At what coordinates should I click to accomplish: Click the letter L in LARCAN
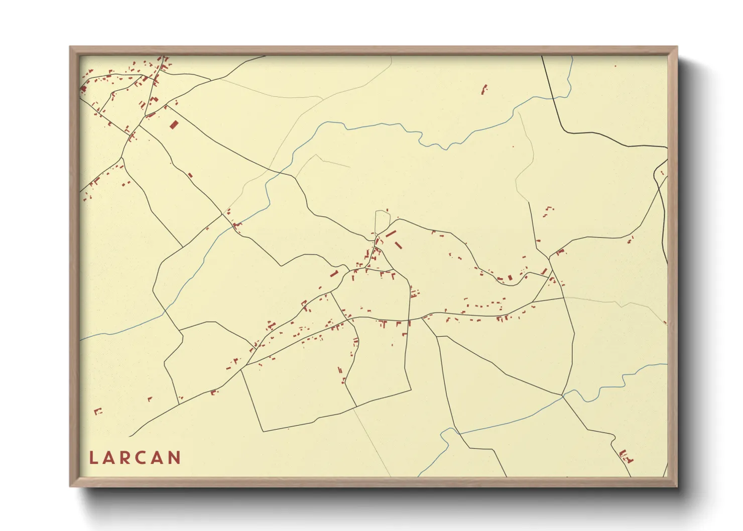point(93,458)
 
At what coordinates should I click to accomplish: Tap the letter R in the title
point(128,458)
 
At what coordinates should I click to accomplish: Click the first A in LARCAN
point(110,458)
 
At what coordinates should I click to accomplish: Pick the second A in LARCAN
point(160,458)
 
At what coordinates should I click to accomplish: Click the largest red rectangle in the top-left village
point(174,124)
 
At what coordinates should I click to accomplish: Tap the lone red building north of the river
point(484,90)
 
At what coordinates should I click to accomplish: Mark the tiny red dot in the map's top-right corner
point(615,66)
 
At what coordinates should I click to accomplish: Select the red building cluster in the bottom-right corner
point(626,456)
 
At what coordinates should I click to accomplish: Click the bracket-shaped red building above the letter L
point(98,412)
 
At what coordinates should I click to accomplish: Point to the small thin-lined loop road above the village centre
point(383,221)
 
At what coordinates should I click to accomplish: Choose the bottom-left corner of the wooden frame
point(70,486)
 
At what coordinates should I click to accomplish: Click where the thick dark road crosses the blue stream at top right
point(554,98)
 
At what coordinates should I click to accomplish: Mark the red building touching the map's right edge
point(665,323)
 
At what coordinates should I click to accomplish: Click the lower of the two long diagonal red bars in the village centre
point(399,245)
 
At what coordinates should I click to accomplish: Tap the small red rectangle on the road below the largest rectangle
point(190,175)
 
